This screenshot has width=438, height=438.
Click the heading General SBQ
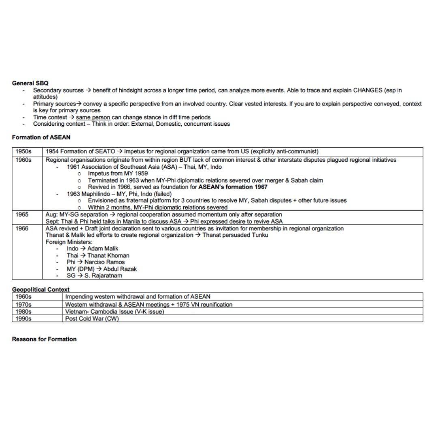pos(30,83)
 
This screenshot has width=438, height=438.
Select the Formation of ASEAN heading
pos(41,137)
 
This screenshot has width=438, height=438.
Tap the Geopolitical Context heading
pos(41,290)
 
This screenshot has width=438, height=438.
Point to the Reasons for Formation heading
pos(44,339)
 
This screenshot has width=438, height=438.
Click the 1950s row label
pos(23,152)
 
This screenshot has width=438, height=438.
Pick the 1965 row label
pos(22,215)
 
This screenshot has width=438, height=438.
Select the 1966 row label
pos(22,228)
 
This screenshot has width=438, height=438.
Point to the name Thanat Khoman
pos(108,255)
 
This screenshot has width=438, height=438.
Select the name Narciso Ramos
pos(105,262)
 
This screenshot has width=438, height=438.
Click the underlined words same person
pos(93,117)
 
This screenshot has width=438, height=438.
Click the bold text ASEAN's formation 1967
pos(233,187)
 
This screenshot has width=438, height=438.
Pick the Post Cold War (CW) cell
pos(92,319)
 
